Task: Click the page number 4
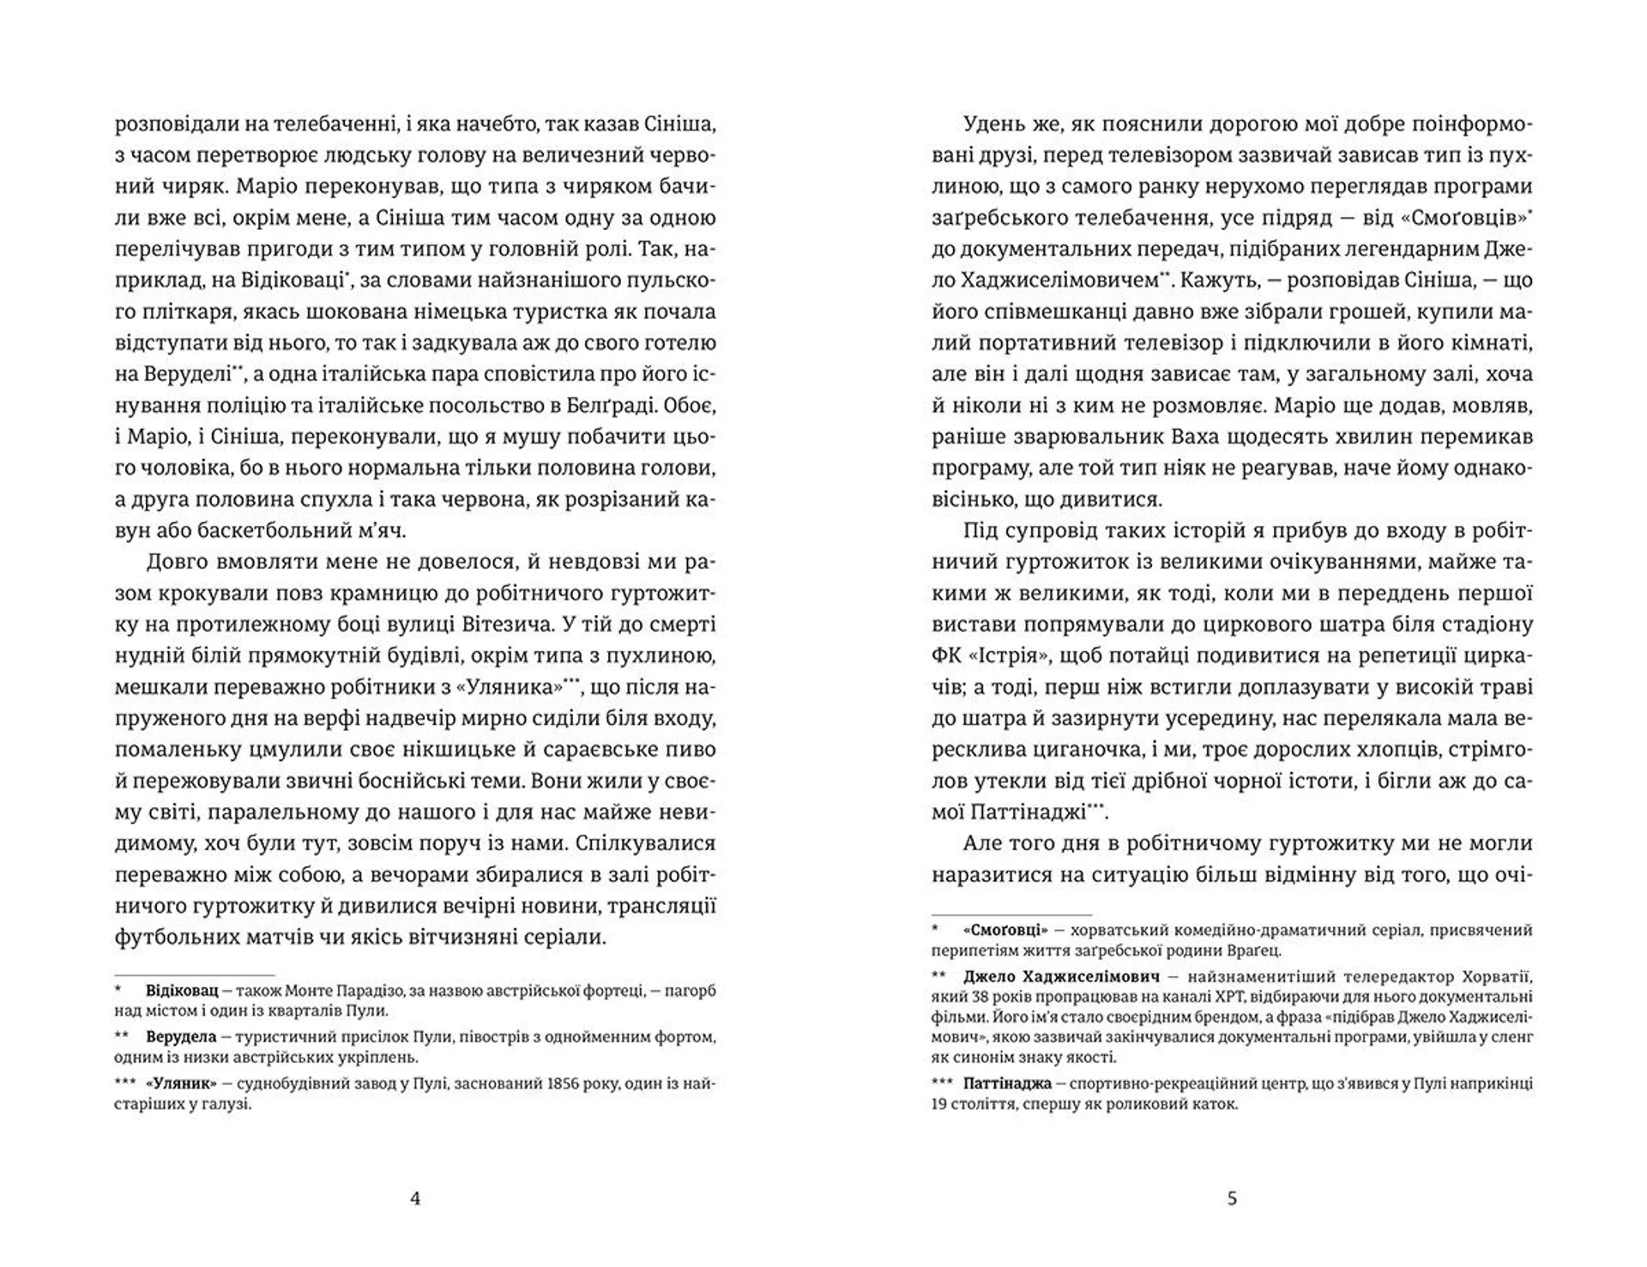[416, 1198]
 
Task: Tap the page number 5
[1233, 1198]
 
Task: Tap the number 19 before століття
[940, 1104]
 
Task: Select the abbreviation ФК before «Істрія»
[948, 655]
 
